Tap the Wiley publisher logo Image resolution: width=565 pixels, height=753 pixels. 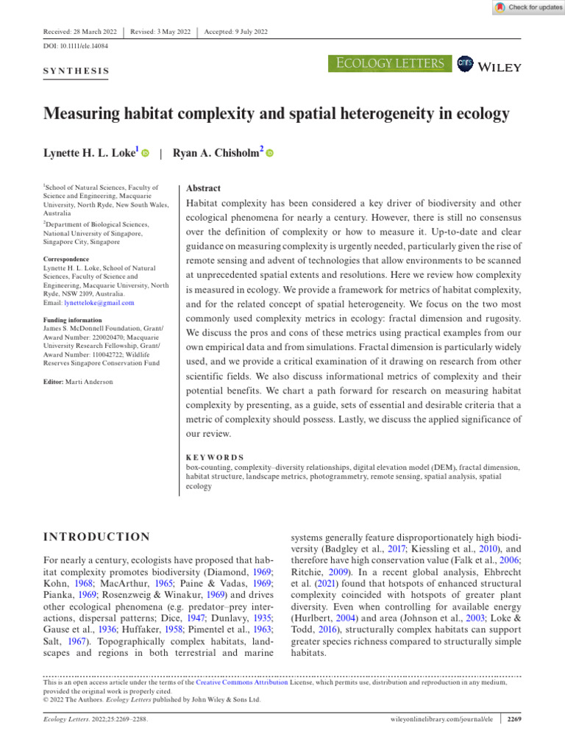[492, 66]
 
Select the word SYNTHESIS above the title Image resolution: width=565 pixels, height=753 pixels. [77, 72]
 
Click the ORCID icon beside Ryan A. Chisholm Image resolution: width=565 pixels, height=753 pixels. [269, 154]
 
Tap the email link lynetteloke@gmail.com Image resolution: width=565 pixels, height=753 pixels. [100, 302]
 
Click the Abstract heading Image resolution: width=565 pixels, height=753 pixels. [204, 189]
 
